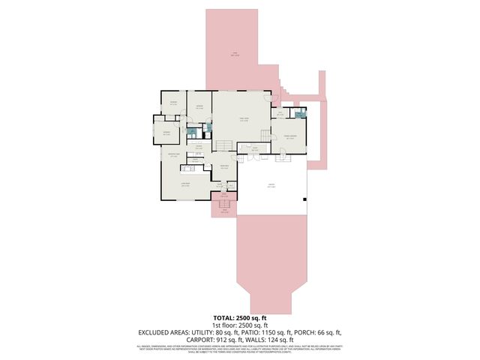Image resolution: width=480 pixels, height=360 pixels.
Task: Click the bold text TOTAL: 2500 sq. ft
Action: (239, 319)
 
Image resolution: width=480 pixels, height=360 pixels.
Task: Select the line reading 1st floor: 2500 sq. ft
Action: (239, 325)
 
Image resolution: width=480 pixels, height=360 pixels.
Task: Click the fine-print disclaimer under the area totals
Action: (239, 348)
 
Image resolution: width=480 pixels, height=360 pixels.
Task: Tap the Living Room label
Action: (184, 184)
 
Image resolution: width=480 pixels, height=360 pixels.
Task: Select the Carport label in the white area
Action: (271, 185)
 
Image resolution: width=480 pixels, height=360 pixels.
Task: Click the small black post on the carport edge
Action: (304, 199)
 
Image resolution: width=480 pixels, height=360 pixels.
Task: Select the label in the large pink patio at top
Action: (235, 54)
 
